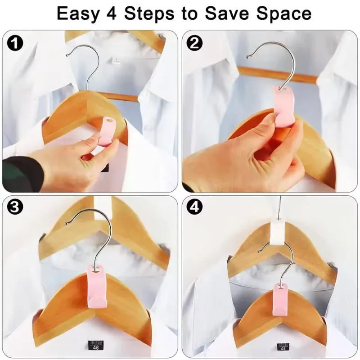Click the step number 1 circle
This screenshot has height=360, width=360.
point(17,44)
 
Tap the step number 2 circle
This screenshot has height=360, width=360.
point(197,44)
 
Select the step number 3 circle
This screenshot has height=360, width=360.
point(17,207)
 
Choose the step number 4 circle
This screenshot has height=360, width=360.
point(197,207)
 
